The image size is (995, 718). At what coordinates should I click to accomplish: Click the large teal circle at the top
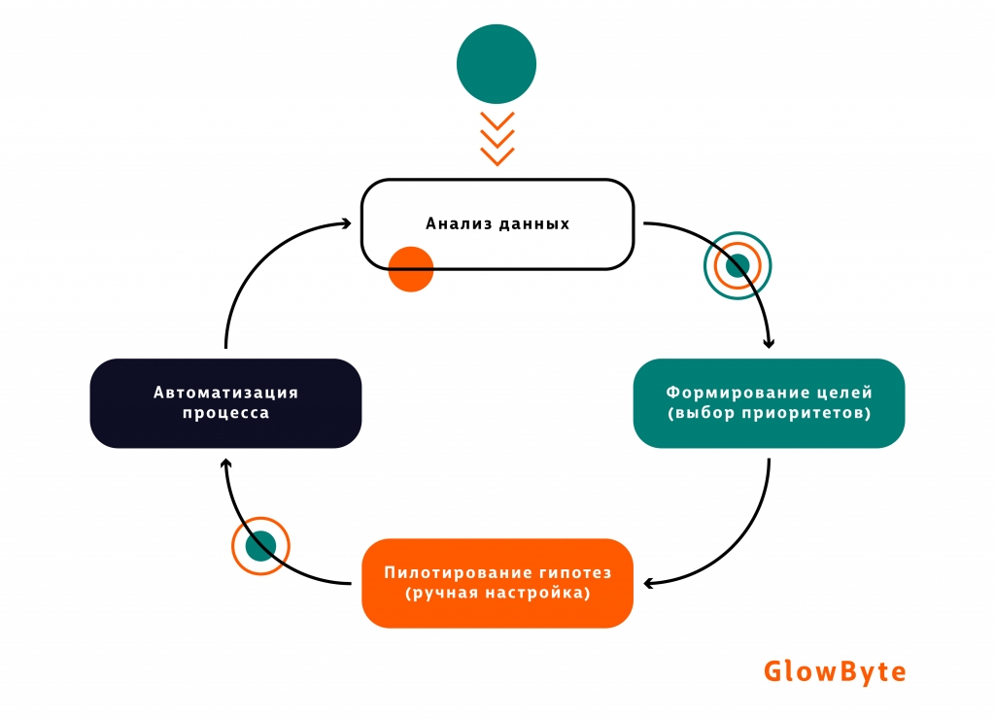click(x=497, y=64)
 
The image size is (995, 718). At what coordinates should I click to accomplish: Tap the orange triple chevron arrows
click(x=497, y=139)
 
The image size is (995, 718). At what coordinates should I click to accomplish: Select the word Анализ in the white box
click(x=454, y=223)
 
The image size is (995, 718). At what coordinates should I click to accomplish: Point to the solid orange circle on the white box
click(x=410, y=268)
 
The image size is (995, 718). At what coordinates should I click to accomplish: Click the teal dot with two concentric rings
click(x=738, y=265)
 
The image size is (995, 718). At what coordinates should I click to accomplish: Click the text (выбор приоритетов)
click(x=769, y=413)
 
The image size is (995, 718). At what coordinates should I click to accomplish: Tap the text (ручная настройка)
click(x=497, y=592)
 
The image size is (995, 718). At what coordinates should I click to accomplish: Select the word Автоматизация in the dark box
click(x=225, y=393)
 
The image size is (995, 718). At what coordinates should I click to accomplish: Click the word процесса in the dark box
click(x=225, y=413)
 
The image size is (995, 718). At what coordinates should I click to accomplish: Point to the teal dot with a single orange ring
click(x=261, y=546)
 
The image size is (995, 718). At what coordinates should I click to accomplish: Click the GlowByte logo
click(x=835, y=671)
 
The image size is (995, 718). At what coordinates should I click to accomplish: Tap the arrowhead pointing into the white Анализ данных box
click(x=346, y=223)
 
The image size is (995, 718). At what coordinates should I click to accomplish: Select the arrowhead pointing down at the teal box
click(x=770, y=342)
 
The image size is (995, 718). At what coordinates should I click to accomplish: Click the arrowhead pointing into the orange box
click(x=647, y=583)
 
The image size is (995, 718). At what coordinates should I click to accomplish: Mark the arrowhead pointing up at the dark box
click(x=225, y=466)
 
